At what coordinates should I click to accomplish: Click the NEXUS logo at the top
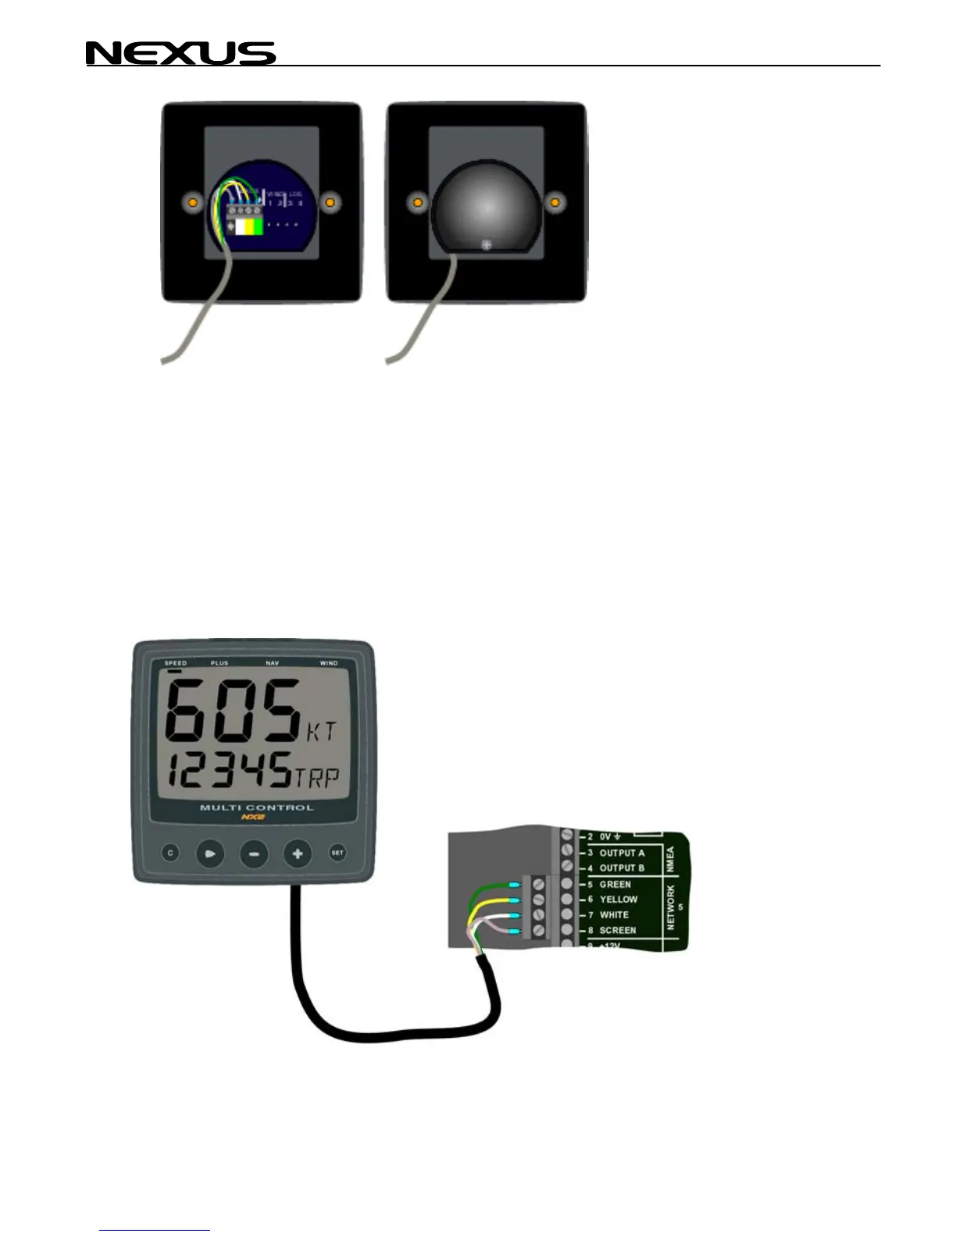tap(180, 53)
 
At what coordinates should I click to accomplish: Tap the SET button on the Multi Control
tap(337, 853)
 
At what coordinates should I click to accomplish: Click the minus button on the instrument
tap(253, 854)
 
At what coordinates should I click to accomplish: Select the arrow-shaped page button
tap(209, 854)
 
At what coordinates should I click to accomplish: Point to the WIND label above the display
tap(329, 663)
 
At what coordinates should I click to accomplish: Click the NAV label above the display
tap(272, 663)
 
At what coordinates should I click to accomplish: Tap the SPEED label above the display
tap(176, 663)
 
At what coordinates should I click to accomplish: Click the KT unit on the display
tap(321, 733)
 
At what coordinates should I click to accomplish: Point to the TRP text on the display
tap(316, 778)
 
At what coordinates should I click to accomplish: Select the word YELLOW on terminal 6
tap(619, 900)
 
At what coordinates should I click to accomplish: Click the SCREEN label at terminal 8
tap(617, 930)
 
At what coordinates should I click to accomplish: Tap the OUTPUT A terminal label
tap(622, 853)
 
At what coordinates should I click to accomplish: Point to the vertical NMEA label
tap(670, 860)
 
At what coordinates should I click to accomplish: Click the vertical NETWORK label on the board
tap(670, 907)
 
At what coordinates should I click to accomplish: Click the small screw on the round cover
tap(487, 245)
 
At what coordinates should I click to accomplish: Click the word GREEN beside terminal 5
tap(615, 884)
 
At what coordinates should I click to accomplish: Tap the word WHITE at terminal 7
tap(614, 914)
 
